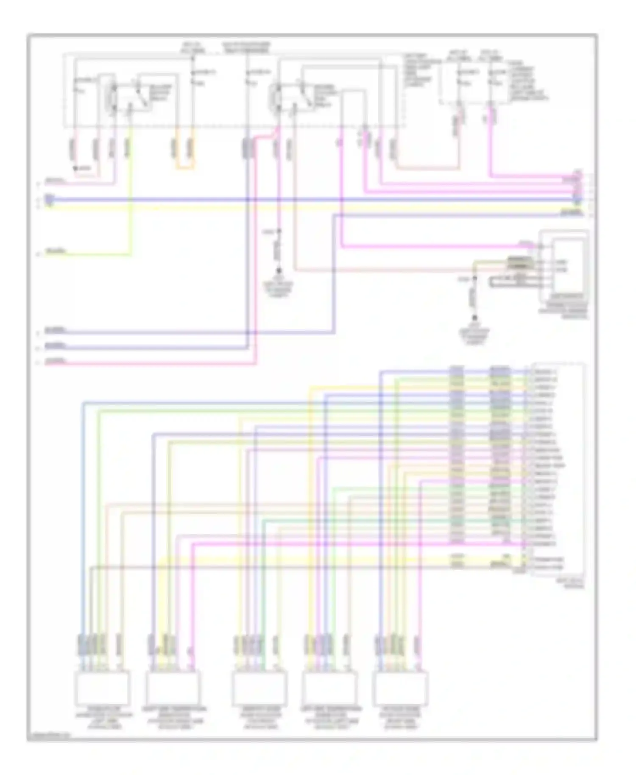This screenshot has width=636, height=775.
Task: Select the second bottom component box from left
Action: pos(173,687)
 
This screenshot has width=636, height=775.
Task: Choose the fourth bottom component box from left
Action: pos(330,687)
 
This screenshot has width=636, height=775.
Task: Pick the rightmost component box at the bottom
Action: pos(400,687)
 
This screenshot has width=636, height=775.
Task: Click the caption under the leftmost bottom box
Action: pos(103,717)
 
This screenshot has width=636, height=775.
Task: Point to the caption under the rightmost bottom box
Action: pos(400,717)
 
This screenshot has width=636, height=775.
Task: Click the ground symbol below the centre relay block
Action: pos(279,271)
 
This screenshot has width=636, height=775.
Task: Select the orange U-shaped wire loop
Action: pos(185,168)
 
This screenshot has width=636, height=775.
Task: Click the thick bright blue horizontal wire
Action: pos(314,199)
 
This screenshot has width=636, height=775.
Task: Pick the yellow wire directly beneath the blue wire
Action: pos(314,208)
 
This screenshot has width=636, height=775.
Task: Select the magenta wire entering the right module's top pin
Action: pos(424,246)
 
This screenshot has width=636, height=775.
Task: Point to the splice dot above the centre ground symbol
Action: pos(279,231)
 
